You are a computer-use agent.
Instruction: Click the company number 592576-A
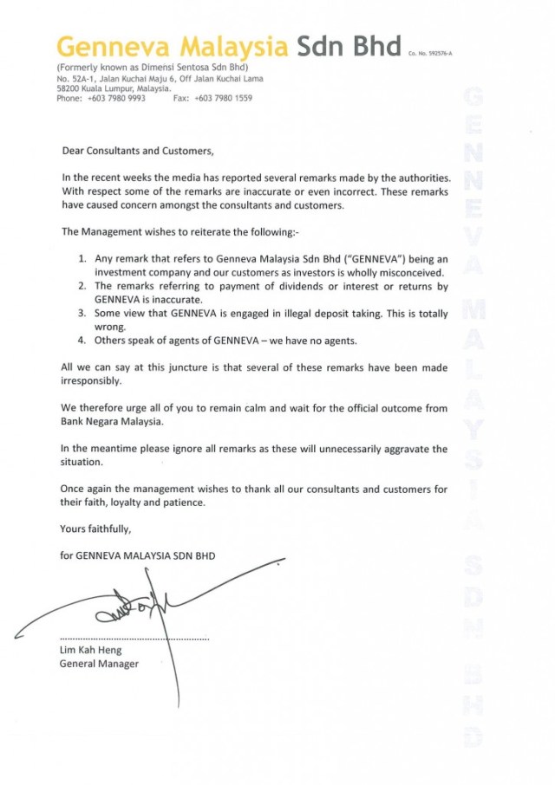point(435,54)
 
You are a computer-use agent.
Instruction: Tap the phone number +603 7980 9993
point(117,98)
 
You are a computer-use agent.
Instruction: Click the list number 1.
point(82,259)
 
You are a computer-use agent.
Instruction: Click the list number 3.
point(82,314)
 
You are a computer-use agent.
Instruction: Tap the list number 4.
point(82,341)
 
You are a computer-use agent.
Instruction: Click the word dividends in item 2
point(313,286)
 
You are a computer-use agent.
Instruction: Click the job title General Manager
point(99,665)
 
